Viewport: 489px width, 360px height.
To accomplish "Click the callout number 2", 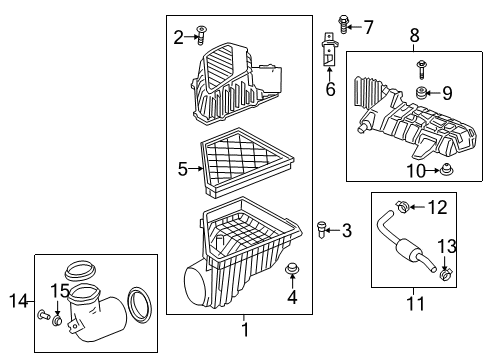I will [x=179, y=37].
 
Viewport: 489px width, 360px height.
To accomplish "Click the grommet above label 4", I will [x=293, y=269].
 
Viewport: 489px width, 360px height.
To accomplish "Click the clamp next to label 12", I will [x=400, y=208].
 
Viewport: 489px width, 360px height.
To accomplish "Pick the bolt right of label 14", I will [x=42, y=315].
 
